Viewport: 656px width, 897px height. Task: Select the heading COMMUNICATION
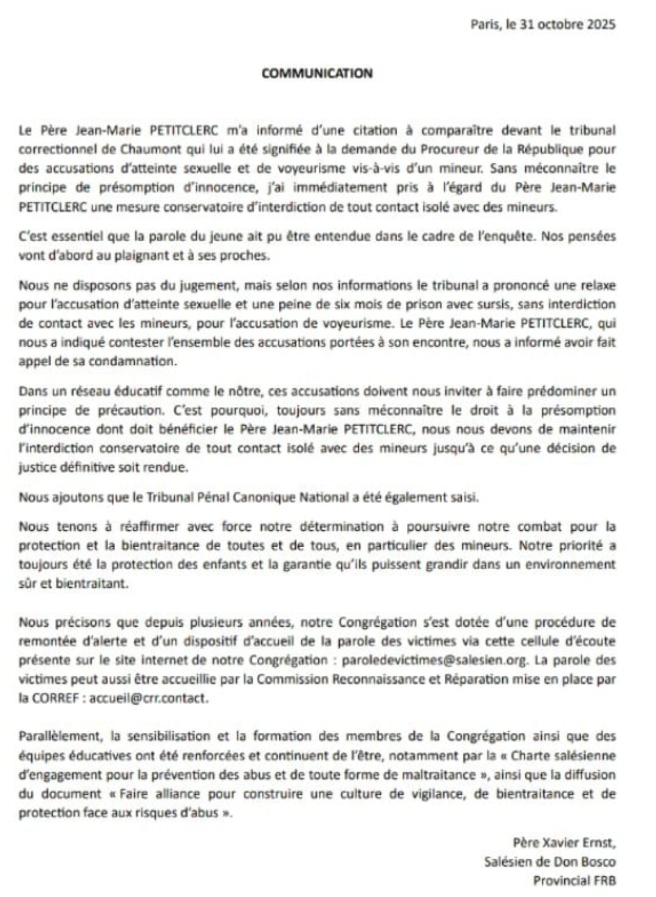316,73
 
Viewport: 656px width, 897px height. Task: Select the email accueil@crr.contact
148,698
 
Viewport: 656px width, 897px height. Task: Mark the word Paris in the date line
483,25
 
